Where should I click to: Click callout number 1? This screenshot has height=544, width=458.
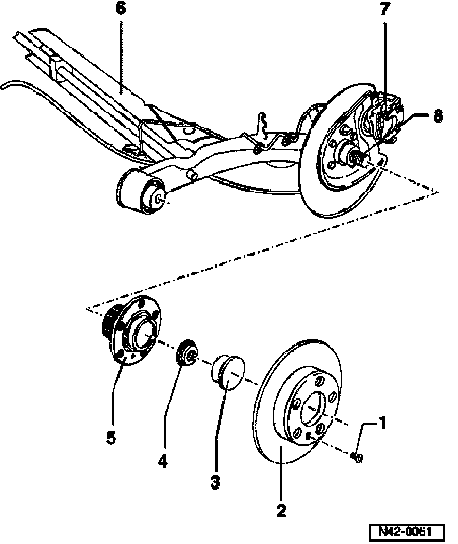click(382, 423)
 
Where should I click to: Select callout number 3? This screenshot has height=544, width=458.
click(215, 482)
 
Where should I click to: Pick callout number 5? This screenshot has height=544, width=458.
click(112, 437)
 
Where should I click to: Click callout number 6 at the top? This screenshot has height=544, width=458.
click(121, 9)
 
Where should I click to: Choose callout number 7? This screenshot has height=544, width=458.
click(384, 9)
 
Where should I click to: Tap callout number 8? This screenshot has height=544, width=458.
click(438, 116)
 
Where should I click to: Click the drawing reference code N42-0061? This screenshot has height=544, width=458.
click(406, 532)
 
